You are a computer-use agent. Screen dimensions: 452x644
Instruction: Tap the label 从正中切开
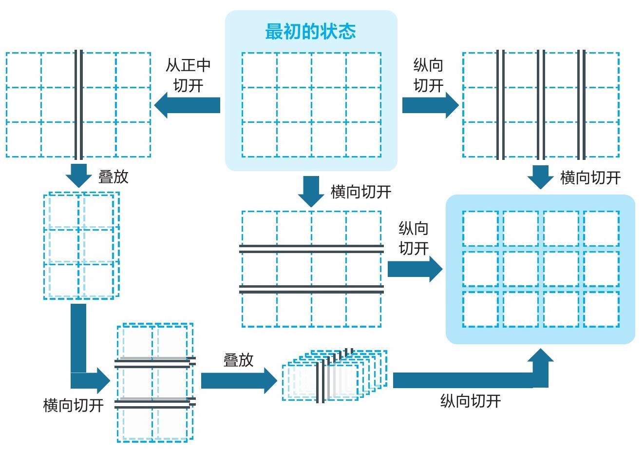click(x=188, y=75)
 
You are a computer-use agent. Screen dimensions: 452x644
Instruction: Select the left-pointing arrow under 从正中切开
click(x=187, y=105)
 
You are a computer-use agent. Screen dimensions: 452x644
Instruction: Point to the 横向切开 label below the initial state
click(x=361, y=192)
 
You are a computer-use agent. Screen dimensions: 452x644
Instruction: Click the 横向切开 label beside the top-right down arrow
click(x=590, y=178)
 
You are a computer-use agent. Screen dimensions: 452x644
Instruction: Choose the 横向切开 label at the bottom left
click(x=73, y=405)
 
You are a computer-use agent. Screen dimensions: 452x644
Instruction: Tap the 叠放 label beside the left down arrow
click(x=114, y=177)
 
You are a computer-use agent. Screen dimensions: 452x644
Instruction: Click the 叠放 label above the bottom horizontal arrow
click(x=238, y=360)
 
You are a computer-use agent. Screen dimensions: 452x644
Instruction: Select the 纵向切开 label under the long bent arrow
click(x=471, y=401)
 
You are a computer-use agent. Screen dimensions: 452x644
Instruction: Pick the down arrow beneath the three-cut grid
click(x=540, y=177)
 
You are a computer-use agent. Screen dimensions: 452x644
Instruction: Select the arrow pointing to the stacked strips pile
click(x=239, y=380)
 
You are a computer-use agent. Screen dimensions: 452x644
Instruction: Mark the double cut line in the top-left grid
click(x=78, y=105)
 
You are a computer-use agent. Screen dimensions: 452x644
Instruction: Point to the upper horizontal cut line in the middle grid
click(x=311, y=249)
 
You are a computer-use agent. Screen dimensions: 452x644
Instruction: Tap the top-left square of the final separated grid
click(x=480, y=229)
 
